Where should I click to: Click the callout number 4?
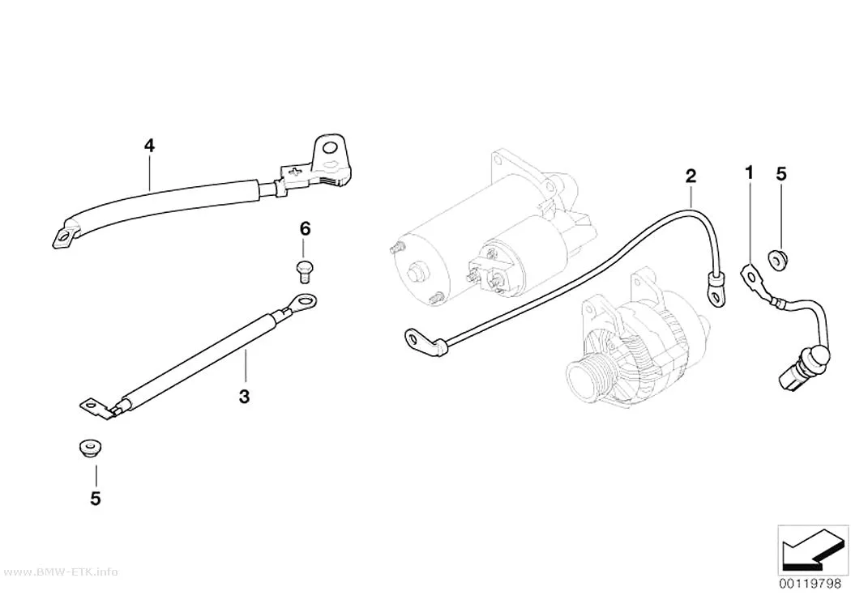tap(149, 145)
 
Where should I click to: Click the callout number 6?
tap(305, 228)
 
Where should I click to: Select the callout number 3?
tap(244, 396)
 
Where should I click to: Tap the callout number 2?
tap(691, 176)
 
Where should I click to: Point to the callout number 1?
tap(749, 173)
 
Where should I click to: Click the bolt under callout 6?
tap(306, 271)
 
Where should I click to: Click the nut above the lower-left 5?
tap(88, 448)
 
